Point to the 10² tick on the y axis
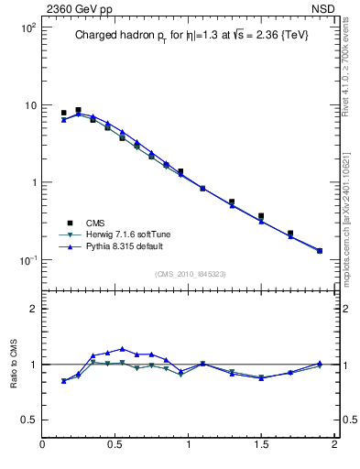(x=27, y=28)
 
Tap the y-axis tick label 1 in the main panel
(x=32, y=182)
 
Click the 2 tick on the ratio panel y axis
(x=33, y=309)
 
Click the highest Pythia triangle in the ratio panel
(x=123, y=349)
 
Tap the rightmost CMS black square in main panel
(x=320, y=250)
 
